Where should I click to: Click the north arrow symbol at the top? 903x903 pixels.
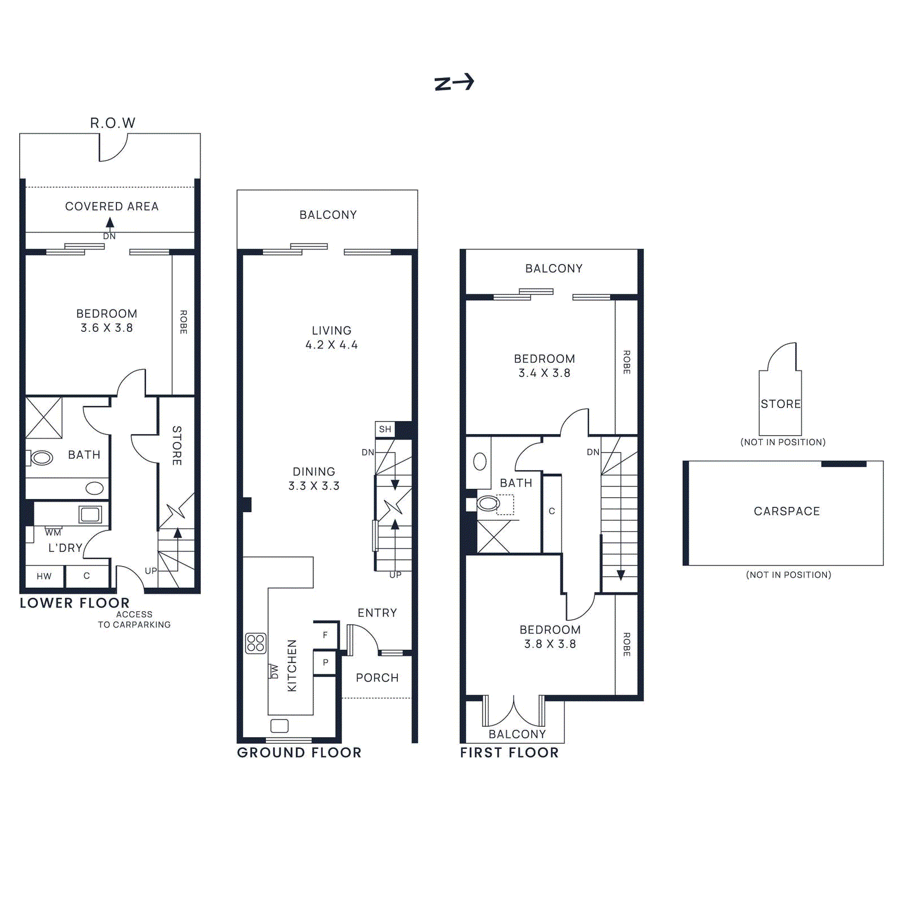tap(454, 83)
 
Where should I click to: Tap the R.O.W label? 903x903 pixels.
tap(112, 123)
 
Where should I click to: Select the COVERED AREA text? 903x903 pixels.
tap(112, 207)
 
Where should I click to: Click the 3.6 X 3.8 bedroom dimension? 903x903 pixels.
tap(107, 328)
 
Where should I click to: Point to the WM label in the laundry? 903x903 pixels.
tap(53, 532)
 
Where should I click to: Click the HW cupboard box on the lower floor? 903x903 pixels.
tap(44, 576)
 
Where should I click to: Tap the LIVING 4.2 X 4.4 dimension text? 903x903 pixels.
tap(331, 345)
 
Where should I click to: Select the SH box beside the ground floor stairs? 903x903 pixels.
tap(385, 429)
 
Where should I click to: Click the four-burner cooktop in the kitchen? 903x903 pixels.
tap(256, 643)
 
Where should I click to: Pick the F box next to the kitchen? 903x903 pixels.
tap(326, 635)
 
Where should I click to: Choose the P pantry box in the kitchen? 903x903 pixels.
tap(326, 663)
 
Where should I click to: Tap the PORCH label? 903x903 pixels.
tap(377, 678)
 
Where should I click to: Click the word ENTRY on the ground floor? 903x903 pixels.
tap(377, 613)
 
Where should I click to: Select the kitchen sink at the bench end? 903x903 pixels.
tap(279, 726)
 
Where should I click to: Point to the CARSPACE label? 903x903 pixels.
tap(787, 511)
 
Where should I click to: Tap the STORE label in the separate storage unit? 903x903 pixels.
tap(781, 404)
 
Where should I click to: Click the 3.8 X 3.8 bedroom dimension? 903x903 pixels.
tap(550, 644)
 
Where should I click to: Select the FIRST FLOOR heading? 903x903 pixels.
tap(509, 752)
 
